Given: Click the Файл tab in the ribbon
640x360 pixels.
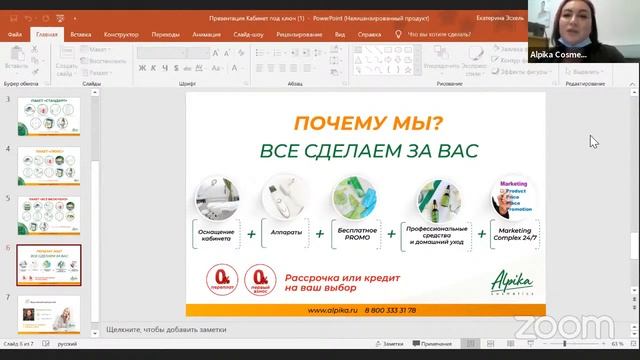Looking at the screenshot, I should tap(15, 33).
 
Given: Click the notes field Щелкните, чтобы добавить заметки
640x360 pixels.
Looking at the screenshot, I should tap(170, 328).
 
